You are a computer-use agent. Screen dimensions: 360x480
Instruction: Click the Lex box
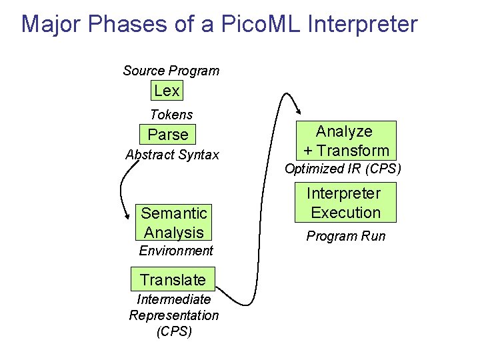pyautogui.click(x=167, y=91)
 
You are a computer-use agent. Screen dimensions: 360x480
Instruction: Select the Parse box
pyautogui.click(x=168, y=135)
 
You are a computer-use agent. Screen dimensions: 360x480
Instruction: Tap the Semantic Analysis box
pyautogui.click(x=174, y=223)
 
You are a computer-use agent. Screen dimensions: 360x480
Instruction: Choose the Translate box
pyautogui.click(x=173, y=279)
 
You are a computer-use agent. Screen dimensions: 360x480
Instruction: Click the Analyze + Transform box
pyautogui.click(x=346, y=141)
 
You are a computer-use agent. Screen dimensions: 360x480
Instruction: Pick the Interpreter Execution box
pyautogui.click(x=346, y=203)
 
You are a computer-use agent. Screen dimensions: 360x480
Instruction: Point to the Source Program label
pyautogui.click(x=171, y=71)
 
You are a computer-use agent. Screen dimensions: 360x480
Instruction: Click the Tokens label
pyautogui.click(x=171, y=115)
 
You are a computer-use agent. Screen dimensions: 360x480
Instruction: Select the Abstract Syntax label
pyautogui.click(x=172, y=155)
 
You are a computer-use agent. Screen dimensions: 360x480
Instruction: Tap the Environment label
pyautogui.click(x=176, y=251)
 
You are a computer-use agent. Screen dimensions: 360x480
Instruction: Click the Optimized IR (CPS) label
pyautogui.click(x=343, y=169)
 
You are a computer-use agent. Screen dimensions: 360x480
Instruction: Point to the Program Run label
pyautogui.click(x=345, y=236)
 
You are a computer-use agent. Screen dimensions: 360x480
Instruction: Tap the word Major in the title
pyautogui.click(x=50, y=24)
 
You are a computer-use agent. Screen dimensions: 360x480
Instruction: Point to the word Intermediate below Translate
pyautogui.click(x=173, y=299)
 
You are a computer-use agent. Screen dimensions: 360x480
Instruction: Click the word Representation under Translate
pyautogui.click(x=173, y=315)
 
